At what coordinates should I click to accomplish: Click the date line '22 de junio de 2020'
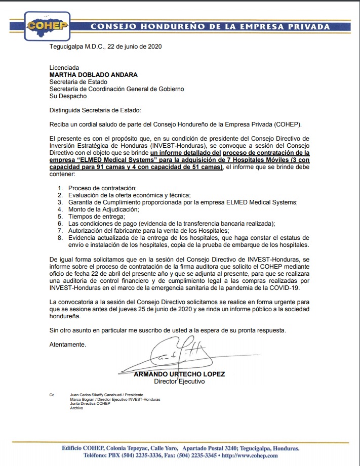click(x=133, y=47)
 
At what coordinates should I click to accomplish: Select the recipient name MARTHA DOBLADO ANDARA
click(x=93, y=75)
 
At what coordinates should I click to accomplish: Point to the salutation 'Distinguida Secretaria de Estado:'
click(x=96, y=110)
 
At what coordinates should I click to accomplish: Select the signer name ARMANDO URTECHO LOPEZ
click(x=179, y=374)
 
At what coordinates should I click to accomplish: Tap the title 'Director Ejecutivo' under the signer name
click(x=179, y=382)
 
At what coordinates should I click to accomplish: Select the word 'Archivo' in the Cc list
click(x=76, y=408)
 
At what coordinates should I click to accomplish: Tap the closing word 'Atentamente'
click(x=67, y=345)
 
